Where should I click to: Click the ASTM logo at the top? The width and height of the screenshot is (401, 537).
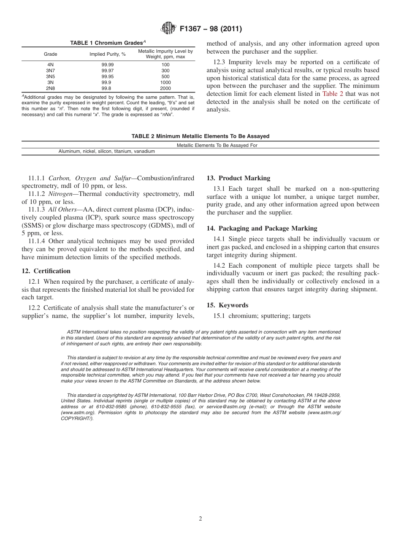pyautogui.click(x=169, y=29)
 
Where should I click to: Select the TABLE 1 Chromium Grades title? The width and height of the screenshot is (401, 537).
pyautogui.click(x=108, y=43)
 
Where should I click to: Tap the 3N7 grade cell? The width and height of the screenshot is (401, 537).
pyautogui.click(x=50, y=71)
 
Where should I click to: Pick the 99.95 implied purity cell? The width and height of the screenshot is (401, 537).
pyautogui.click(x=107, y=76)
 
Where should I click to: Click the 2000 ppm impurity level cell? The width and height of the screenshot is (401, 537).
pyautogui.click(x=165, y=89)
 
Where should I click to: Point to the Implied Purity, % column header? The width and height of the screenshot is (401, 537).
pyautogui.click(x=107, y=54)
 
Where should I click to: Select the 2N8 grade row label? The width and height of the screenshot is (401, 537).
pyautogui.click(x=50, y=89)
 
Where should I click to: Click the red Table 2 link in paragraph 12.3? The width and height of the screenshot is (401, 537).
pyautogui.click(x=333, y=94)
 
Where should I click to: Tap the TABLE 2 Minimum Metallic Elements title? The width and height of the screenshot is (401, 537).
pyautogui.click(x=200, y=136)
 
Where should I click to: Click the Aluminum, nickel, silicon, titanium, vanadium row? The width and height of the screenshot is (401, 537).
pyautogui.click(x=106, y=151)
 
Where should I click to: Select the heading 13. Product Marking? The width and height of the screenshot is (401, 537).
pyautogui.click(x=238, y=178)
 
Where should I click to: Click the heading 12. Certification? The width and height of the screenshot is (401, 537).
pyautogui.click(x=46, y=271)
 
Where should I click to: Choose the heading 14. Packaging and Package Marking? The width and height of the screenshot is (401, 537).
pyautogui.click(x=262, y=228)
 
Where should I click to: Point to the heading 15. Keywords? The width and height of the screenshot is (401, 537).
pyautogui.click(x=227, y=305)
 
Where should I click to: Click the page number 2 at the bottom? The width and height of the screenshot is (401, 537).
pyautogui.click(x=200, y=519)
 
